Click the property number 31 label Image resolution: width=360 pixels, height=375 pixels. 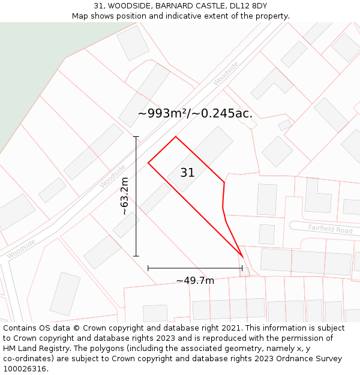187,173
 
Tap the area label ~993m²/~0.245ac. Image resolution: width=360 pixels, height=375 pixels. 195,113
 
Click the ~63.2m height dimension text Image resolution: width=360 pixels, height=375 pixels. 124,196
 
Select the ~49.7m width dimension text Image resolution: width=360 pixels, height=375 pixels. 195,280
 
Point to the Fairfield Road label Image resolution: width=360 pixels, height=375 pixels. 330,229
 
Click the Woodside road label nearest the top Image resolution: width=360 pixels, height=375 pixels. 226,73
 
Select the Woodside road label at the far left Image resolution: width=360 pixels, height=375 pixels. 21,249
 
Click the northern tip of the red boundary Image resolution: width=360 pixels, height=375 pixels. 175,137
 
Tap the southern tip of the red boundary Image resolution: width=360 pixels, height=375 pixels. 242,257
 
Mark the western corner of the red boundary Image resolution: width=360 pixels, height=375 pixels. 148,163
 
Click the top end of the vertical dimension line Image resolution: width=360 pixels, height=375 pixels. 136,137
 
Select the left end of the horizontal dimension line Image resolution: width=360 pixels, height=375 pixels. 148,268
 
